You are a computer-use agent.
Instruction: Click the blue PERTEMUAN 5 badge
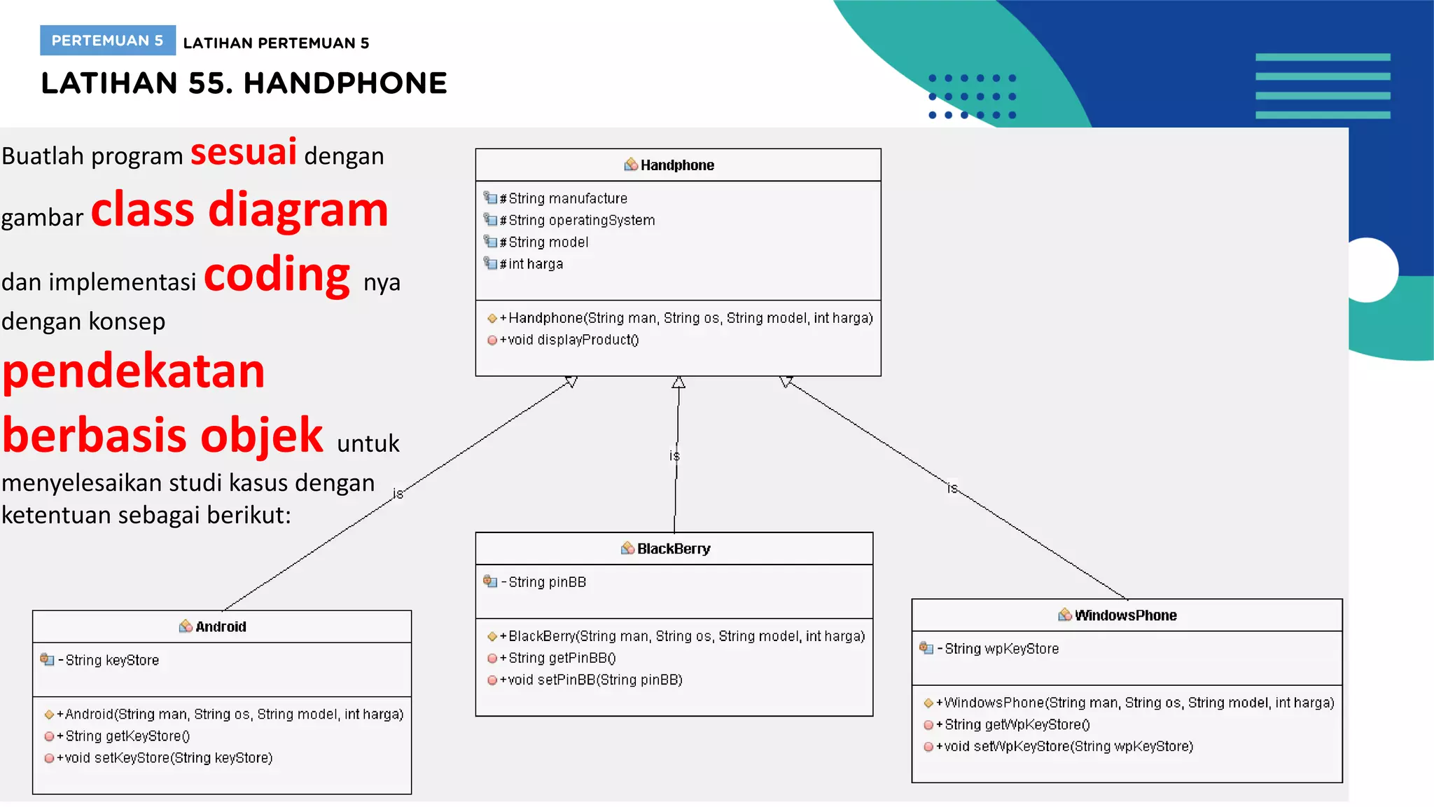(x=107, y=41)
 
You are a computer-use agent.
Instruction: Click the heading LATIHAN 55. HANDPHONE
(x=244, y=83)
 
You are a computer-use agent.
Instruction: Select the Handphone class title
(x=676, y=165)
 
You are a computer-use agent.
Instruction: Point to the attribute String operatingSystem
(x=581, y=221)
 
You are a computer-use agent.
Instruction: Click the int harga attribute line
(x=535, y=264)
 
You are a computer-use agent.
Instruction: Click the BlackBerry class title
(x=673, y=549)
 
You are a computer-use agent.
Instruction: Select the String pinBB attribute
(x=546, y=582)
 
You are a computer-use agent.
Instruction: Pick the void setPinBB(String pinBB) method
(x=594, y=680)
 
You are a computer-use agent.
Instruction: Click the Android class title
(x=220, y=627)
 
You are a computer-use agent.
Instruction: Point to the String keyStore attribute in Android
(x=111, y=660)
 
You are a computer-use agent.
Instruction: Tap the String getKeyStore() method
(x=127, y=736)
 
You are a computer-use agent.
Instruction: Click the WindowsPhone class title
(x=1125, y=616)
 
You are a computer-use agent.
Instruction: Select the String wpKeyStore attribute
(x=1001, y=649)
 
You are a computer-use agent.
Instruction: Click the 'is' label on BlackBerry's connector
(x=674, y=456)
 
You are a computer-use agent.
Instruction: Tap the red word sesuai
(x=244, y=152)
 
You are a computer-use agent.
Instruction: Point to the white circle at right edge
(x=1369, y=270)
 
